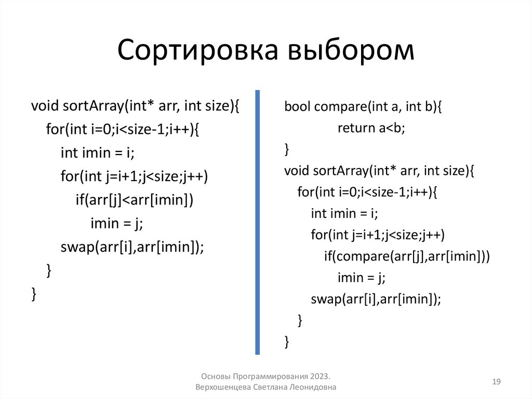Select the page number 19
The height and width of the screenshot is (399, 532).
(x=496, y=382)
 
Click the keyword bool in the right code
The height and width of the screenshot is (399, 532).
(x=297, y=107)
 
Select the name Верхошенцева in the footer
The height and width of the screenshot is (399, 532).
(x=223, y=388)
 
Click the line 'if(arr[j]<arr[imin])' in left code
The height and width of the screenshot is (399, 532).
(x=134, y=200)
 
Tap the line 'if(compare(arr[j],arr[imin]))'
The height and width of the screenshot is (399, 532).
(x=407, y=256)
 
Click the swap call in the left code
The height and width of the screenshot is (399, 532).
(x=132, y=247)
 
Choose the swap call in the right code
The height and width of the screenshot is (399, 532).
(x=376, y=299)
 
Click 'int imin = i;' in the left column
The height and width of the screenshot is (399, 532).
(x=97, y=153)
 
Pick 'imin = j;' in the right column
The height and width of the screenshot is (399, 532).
(x=361, y=277)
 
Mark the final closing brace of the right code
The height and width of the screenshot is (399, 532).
(x=287, y=341)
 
